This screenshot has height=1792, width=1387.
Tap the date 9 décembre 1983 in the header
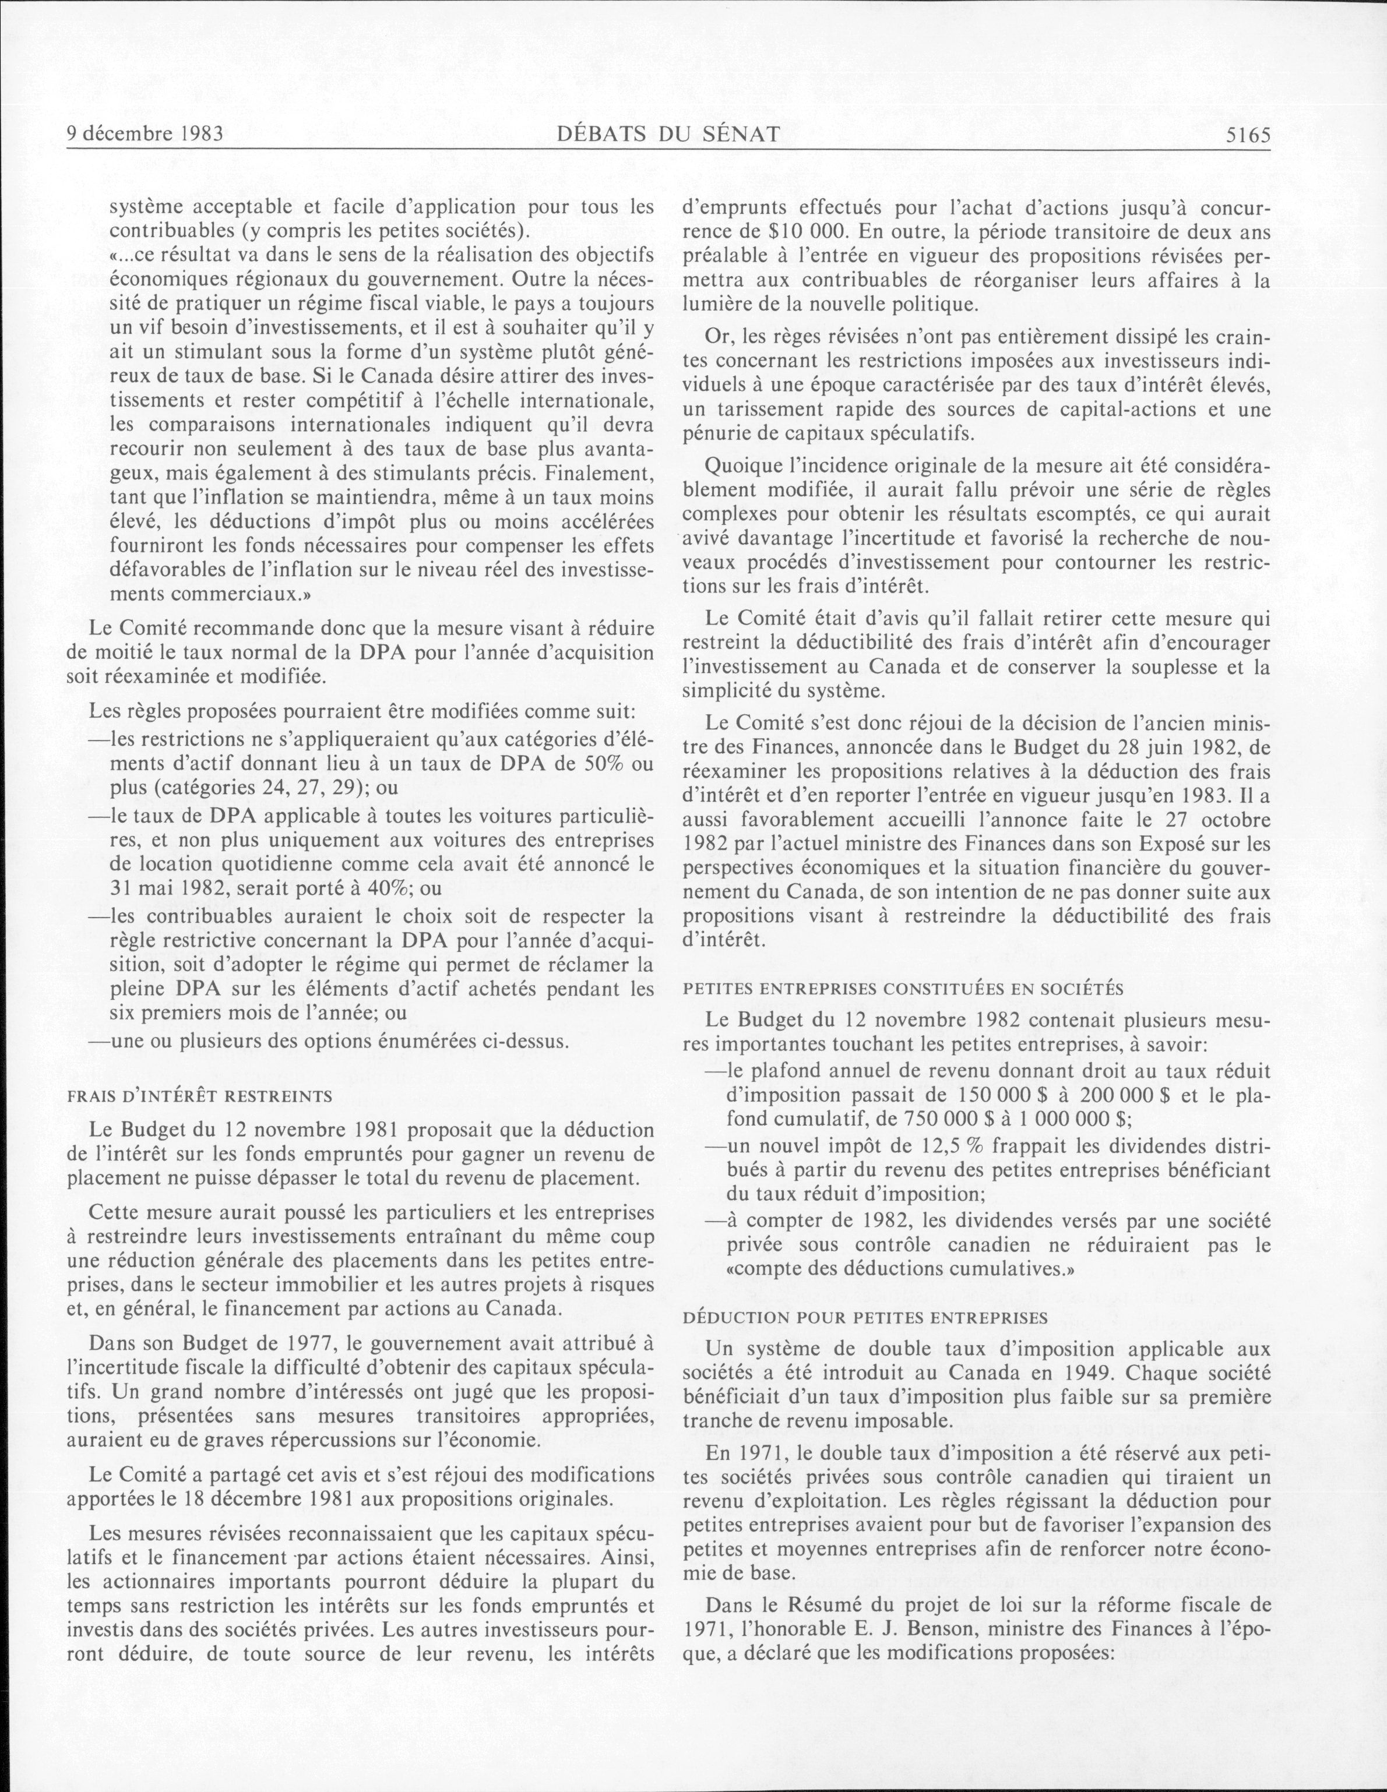[x=145, y=134]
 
